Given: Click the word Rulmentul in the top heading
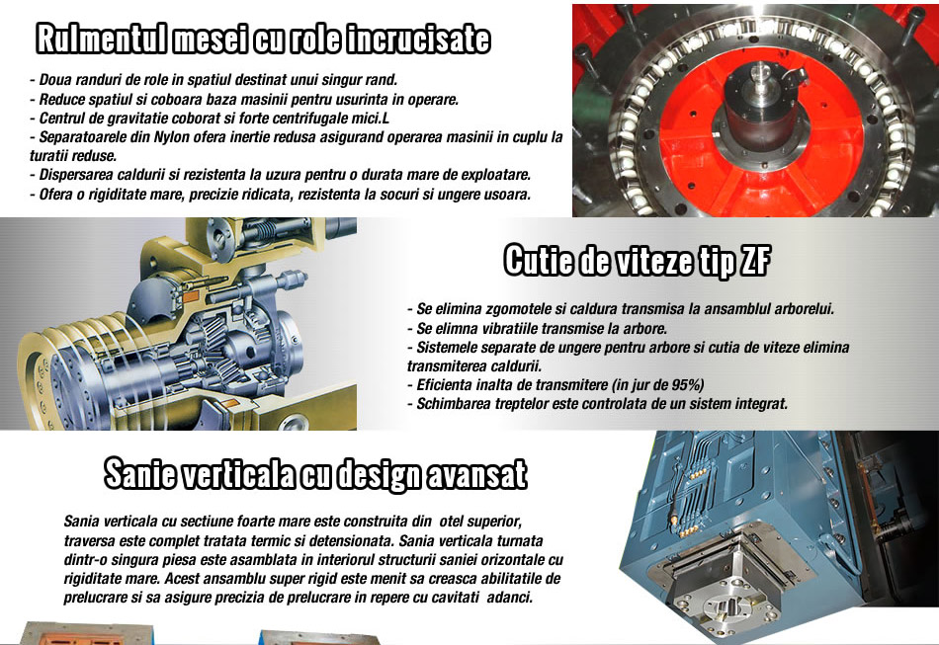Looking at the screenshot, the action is coord(101,40).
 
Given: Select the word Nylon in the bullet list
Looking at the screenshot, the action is coord(172,137).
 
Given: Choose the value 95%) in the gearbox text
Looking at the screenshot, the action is coord(688,384).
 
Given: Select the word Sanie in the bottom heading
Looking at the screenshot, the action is coord(139,474).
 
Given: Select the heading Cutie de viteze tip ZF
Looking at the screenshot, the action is coord(637,261).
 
